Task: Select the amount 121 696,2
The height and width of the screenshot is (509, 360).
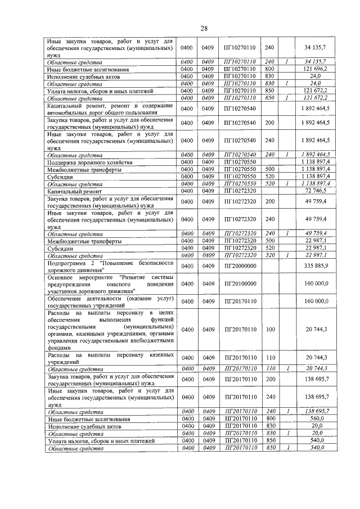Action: [x=319, y=69]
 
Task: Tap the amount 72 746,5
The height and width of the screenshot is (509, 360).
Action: [x=319, y=192]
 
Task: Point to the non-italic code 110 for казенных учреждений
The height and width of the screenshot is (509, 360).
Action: [x=269, y=358]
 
